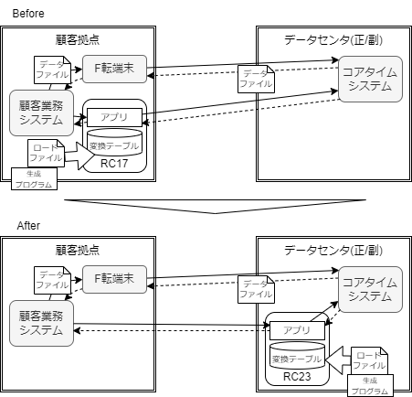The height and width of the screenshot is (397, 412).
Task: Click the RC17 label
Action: (115, 165)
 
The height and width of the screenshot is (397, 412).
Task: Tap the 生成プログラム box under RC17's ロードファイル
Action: (34, 178)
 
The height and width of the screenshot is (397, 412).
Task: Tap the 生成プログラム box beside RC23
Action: (369, 386)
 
